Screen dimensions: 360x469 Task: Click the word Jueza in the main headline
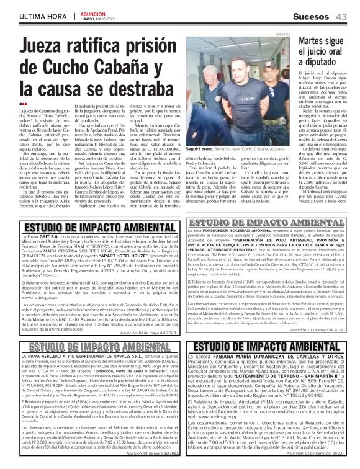(50, 48)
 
